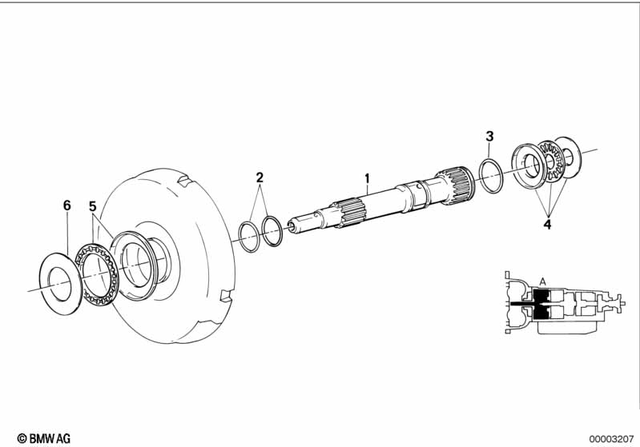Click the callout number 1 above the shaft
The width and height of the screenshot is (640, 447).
point(367,178)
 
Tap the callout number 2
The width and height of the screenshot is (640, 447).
point(260,178)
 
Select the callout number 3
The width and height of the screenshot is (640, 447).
point(489,136)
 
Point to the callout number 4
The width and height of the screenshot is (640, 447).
point(547,224)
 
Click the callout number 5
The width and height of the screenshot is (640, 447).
point(93,206)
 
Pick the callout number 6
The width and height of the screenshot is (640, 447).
point(67,206)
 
